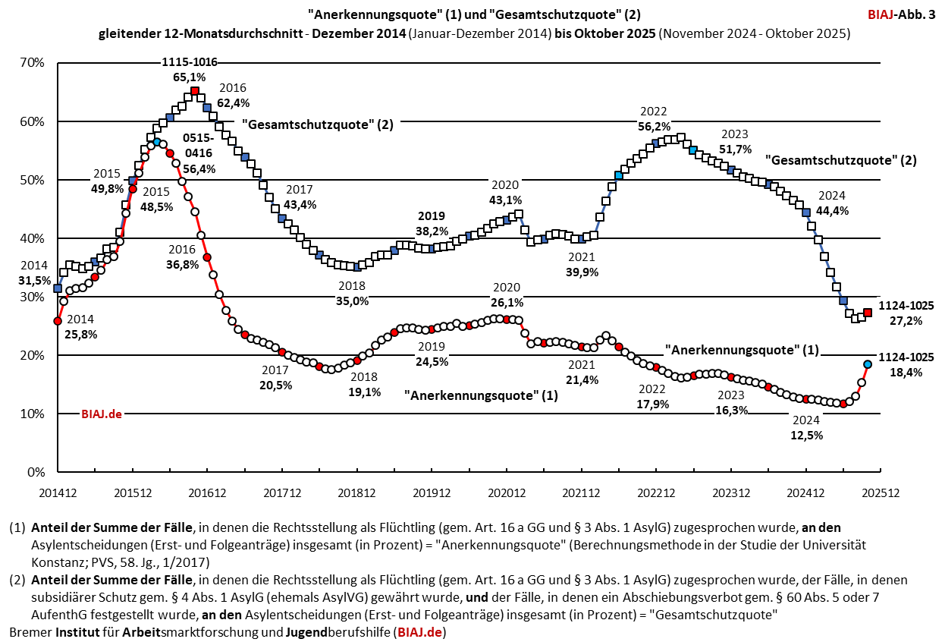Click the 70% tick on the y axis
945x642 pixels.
(x=33, y=63)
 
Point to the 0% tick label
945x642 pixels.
(x=36, y=472)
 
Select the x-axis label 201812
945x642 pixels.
(x=356, y=493)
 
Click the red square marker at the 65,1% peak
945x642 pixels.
(x=195, y=91)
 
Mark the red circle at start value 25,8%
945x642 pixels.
(x=58, y=321)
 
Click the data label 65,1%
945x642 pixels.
(x=190, y=77)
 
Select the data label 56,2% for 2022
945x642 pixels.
(x=654, y=126)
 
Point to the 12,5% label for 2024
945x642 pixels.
(x=807, y=435)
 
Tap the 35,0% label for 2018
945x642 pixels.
(x=353, y=301)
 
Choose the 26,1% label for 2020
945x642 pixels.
(x=507, y=302)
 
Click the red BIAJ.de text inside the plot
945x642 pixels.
(x=102, y=414)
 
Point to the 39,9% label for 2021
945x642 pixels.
(x=582, y=272)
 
